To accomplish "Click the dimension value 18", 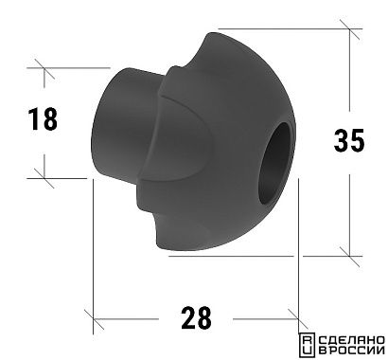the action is point(43,119).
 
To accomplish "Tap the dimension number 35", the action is point(349,140).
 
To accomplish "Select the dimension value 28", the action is point(196,318).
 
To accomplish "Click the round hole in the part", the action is point(275,164).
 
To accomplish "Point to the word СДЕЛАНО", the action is point(352,340).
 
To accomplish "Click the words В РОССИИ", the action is point(352,350).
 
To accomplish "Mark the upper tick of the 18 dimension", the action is point(44,68).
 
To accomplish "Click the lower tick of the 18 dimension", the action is point(44,178).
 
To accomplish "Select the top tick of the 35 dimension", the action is point(349,29).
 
